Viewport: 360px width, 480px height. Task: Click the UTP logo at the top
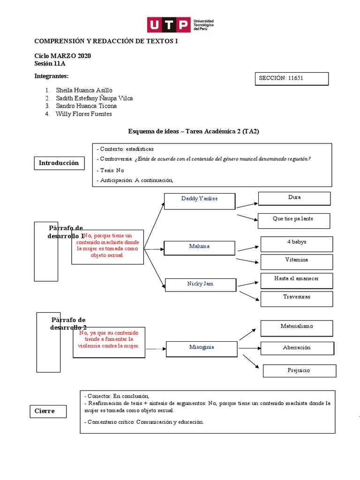[x=180, y=24]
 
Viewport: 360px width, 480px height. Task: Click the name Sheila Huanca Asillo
[x=84, y=90]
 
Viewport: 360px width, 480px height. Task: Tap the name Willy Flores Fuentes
[x=83, y=114]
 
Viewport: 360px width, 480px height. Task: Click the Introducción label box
[x=59, y=163]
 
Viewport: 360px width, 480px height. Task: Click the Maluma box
[x=199, y=247]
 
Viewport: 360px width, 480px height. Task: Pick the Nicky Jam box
[x=200, y=284]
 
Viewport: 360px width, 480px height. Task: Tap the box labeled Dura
[x=294, y=199]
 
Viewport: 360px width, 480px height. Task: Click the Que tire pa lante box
[x=293, y=220]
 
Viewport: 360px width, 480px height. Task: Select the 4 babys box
[x=297, y=244]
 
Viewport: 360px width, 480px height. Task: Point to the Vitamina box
[x=297, y=262]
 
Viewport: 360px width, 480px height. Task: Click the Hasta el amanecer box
[x=296, y=280]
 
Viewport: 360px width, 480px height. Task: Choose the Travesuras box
[x=296, y=299]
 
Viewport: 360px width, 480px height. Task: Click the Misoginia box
[x=202, y=348]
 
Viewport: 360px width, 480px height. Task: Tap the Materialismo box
[x=296, y=328]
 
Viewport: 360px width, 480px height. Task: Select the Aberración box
[x=297, y=348]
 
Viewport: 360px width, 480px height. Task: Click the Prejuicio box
[x=299, y=370]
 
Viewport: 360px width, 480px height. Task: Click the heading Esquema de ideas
[x=193, y=132]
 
